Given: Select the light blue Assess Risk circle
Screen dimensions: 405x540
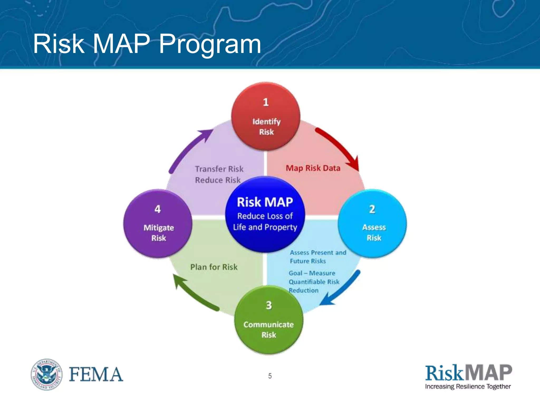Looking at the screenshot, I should point(372,223).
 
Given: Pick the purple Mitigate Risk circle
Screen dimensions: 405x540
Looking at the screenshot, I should point(158,224).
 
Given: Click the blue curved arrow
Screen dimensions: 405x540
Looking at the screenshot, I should point(341,289).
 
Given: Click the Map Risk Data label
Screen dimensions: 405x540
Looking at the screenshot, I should point(313,168).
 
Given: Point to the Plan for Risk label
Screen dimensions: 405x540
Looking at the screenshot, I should point(214,267).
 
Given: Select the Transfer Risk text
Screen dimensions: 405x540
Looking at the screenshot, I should point(219,169).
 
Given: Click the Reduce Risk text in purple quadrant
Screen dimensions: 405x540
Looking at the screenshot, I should point(218,180).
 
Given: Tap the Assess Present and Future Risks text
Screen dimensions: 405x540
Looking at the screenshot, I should point(318,257).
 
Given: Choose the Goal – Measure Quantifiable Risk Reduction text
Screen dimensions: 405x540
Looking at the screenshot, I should point(314,282).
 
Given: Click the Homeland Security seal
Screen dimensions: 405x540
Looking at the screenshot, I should point(47,374).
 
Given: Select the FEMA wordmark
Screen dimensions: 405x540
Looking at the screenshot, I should point(96,374).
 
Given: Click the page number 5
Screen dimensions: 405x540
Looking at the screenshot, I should point(270,376).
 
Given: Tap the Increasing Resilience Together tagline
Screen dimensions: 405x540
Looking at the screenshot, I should point(468,387).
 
